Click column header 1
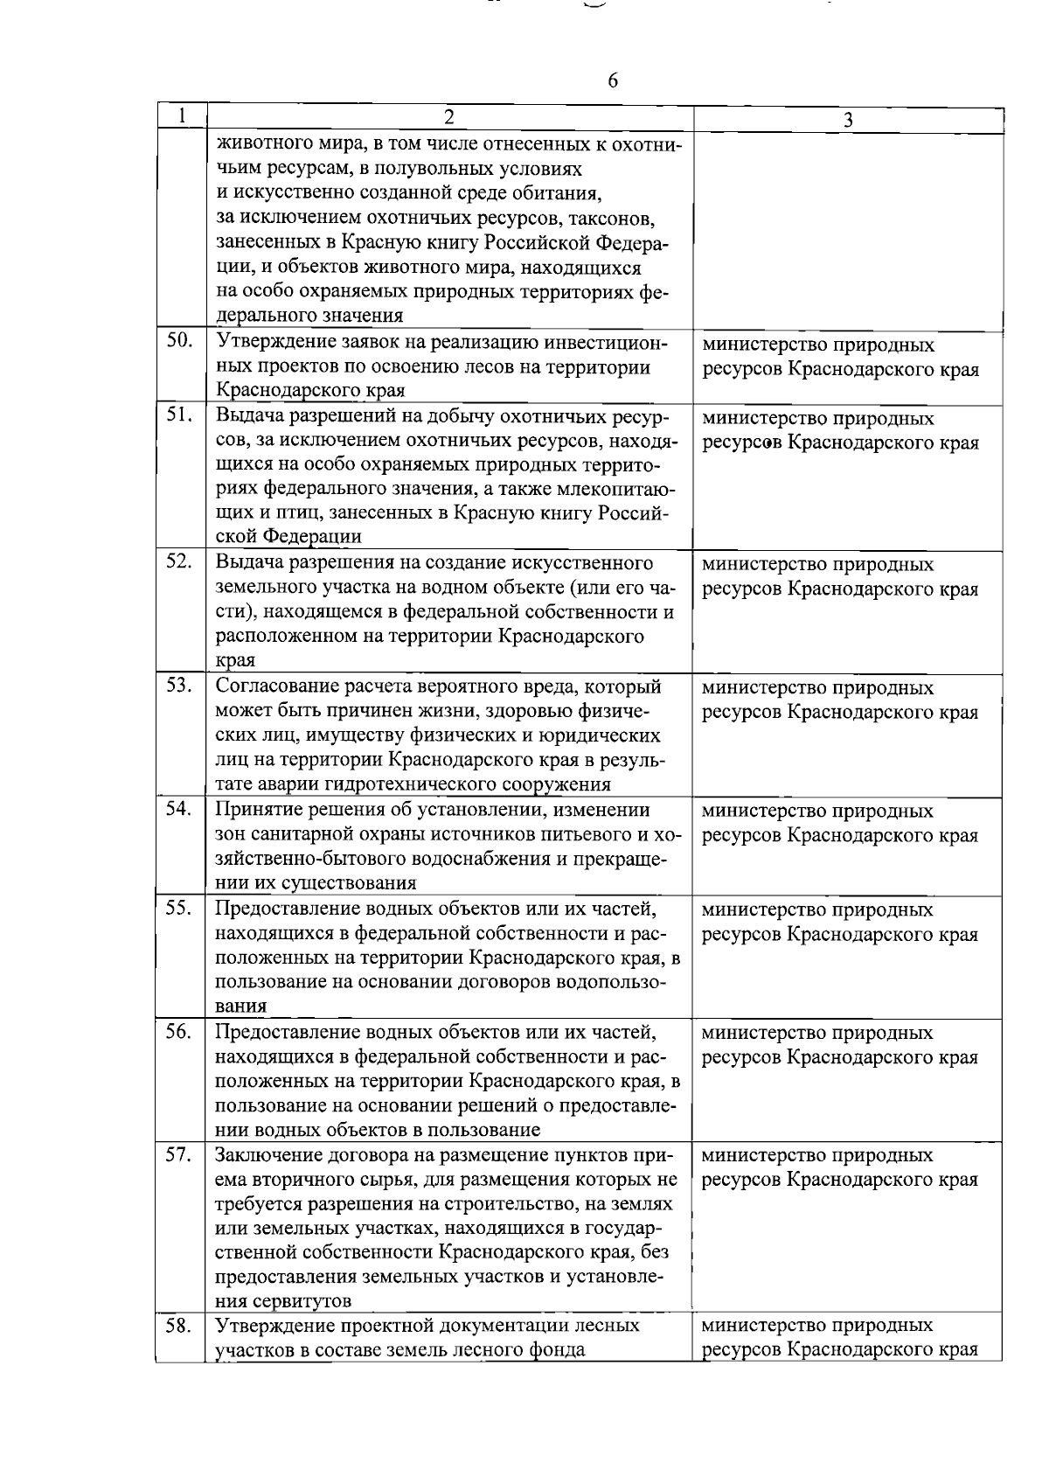(x=181, y=115)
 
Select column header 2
(x=448, y=117)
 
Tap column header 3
(x=848, y=121)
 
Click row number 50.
(x=179, y=341)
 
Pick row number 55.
(x=179, y=908)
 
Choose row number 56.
(x=179, y=1031)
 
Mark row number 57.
(x=179, y=1154)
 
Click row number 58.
(x=179, y=1326)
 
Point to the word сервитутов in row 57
(x=303, y=1301)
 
